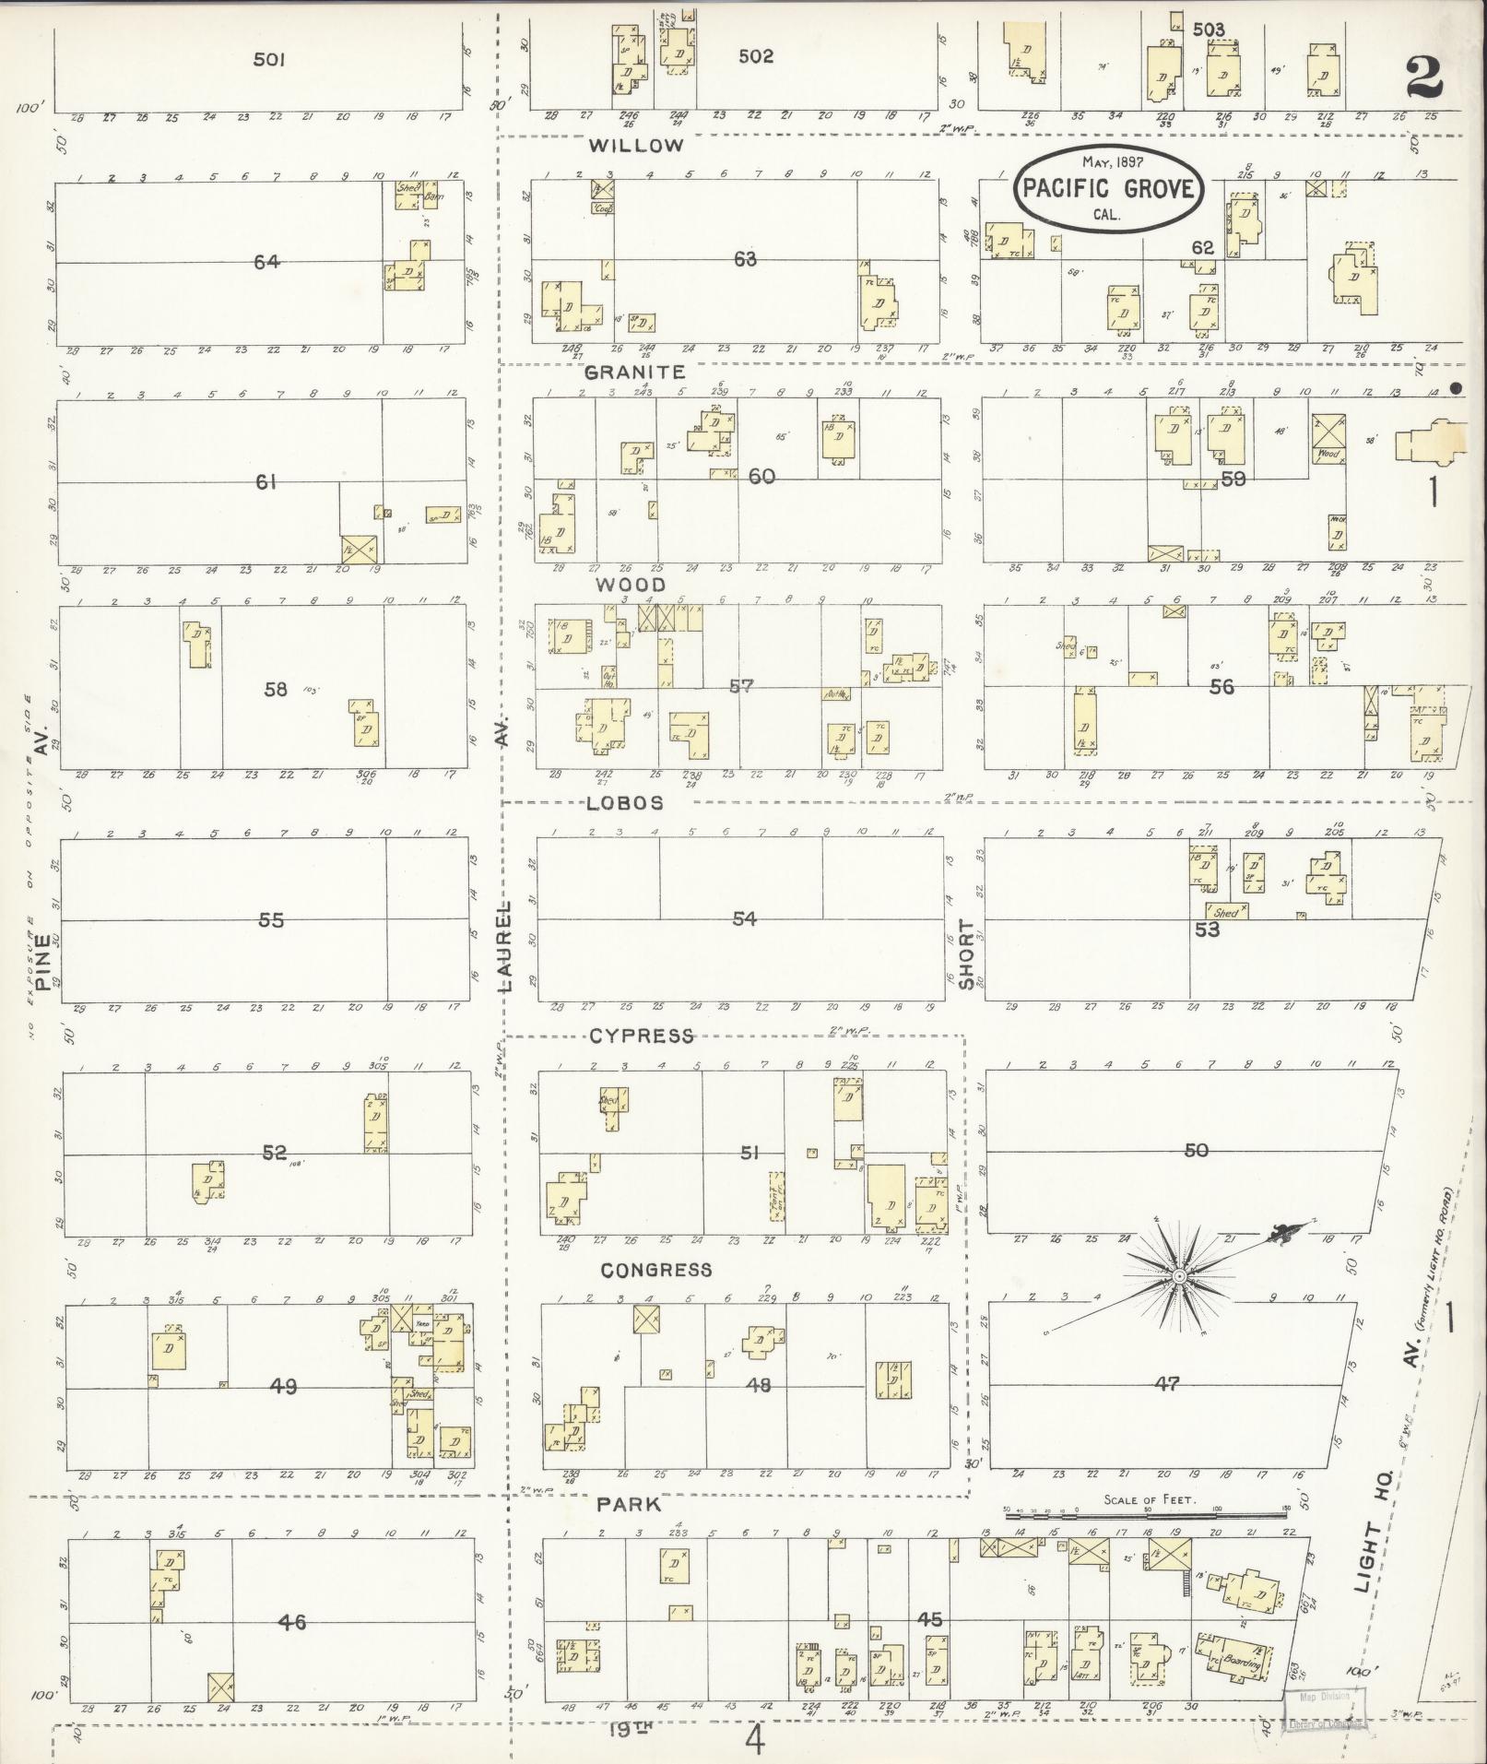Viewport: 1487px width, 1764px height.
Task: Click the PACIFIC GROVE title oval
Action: [x=1107, y=189]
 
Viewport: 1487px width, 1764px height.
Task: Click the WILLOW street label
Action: [x=636, y=146]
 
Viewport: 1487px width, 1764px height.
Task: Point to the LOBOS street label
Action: [x=624, y=803]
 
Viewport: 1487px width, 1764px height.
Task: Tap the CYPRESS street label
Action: [x=641, y=1036]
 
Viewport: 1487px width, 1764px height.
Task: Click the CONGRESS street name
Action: [x=656, y=1271]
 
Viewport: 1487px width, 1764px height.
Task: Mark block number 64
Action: [x=266, y=262]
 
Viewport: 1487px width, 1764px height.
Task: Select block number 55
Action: [x=271, y=919]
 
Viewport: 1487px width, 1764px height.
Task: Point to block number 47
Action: [x=1166, y=1384]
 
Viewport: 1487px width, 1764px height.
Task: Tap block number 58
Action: [x=276, y=688]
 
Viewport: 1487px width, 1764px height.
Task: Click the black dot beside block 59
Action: [x=1456, y=388]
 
